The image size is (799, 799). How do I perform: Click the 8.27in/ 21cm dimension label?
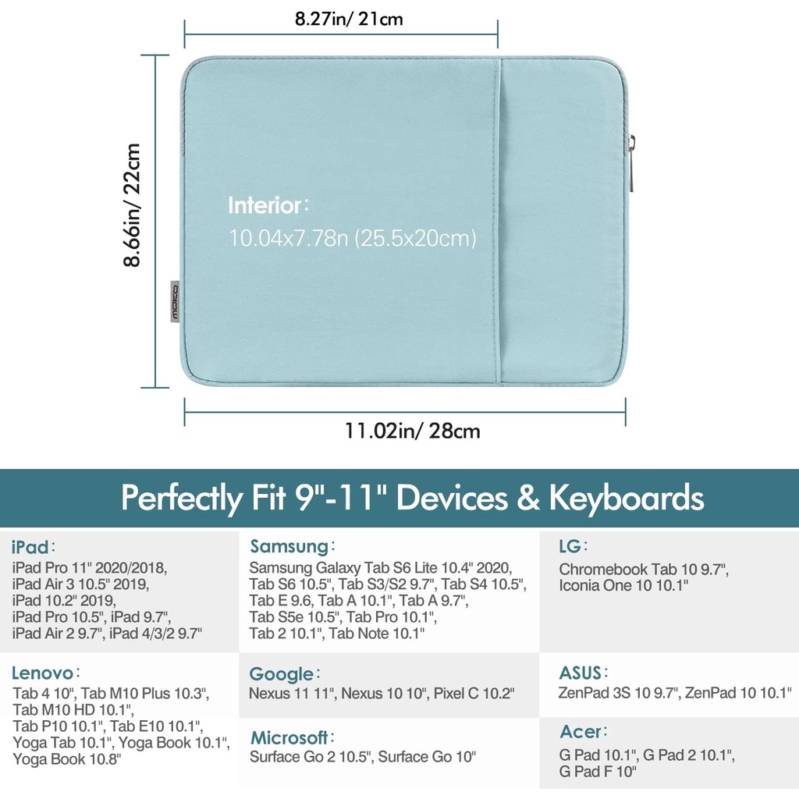349,19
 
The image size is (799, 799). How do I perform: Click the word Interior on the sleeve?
265,206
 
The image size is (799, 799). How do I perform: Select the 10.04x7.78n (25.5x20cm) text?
352,238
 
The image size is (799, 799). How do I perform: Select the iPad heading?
30,545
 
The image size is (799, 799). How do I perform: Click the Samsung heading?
288,545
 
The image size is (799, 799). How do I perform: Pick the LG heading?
569,545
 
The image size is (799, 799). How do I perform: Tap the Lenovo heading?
43,673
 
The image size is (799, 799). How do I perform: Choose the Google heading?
281,674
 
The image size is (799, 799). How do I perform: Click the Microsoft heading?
289,737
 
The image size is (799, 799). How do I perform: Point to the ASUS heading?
580,673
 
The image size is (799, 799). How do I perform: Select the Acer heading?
581,732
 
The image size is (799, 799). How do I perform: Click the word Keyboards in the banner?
627,497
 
